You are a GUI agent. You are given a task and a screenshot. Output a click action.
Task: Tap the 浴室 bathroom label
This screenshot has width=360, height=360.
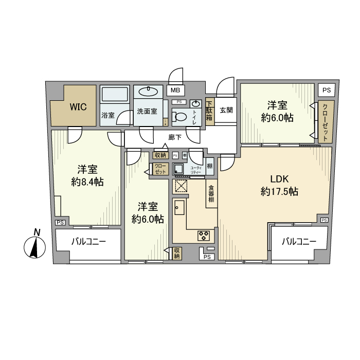(x=107, y=115)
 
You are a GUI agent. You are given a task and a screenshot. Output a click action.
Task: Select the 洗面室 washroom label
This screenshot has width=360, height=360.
(x=147, y=112)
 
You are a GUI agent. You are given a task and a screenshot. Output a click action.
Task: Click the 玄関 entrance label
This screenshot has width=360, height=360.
(x=226, y=110)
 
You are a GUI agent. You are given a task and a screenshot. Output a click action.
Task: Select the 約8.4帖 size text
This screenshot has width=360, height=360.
(x=87, y=182)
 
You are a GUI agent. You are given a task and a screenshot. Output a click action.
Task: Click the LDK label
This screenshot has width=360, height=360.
(x=281, y=178)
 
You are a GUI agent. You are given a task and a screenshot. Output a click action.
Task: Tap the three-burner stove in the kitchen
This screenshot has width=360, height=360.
(x=203, y=236)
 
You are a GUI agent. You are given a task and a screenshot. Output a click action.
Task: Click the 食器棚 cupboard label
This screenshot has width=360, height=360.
(x=211, y=193)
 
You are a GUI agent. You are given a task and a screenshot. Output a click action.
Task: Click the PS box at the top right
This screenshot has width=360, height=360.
(x=327, y=89)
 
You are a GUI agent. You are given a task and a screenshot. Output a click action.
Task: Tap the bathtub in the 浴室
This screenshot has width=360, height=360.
(x=115, y=95)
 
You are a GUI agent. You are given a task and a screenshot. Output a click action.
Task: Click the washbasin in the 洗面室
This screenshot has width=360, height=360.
(x=148, y=92)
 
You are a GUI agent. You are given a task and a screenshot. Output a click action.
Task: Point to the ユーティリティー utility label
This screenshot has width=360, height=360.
(x=196, y=170)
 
